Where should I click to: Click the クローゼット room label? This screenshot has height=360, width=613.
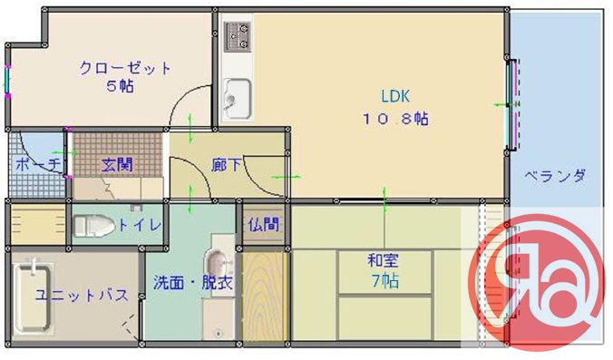125,68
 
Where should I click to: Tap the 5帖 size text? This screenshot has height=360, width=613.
118,87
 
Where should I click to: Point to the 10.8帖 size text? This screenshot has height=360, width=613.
396,119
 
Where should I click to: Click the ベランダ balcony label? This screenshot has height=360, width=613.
555,177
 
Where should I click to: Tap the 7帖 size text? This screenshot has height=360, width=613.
383,281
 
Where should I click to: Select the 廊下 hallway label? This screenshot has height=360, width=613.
226,165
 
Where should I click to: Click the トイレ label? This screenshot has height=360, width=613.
140,225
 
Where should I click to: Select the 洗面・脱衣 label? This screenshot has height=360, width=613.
192,283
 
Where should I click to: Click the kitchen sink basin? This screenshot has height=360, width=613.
237,96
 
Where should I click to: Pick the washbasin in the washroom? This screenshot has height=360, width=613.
218,267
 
